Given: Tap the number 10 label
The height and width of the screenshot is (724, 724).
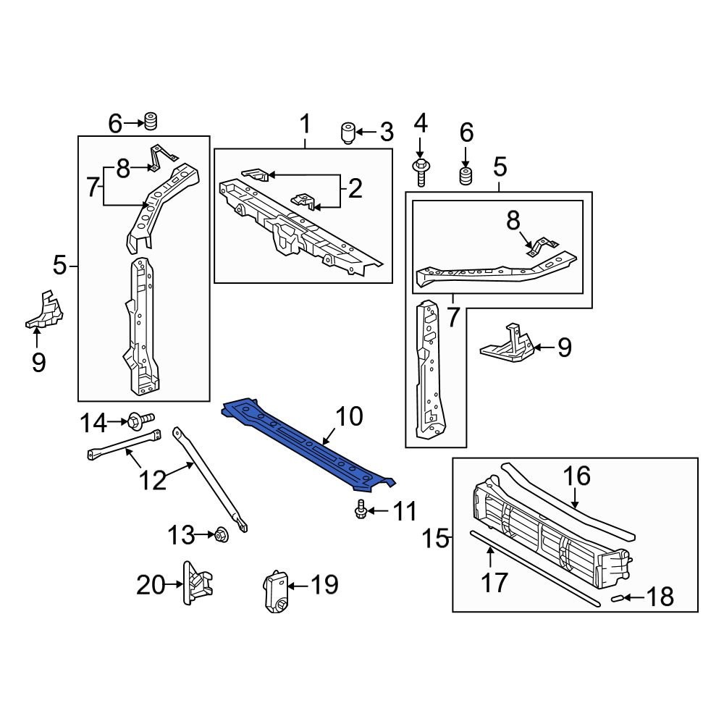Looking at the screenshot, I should click(x=348, y=416).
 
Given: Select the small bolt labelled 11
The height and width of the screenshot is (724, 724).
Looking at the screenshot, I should click(x=361, y=512).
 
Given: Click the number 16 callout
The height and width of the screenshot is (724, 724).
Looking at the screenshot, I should click(x=576, y=476).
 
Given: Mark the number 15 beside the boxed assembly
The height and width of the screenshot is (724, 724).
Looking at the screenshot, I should click(x=437, y=539).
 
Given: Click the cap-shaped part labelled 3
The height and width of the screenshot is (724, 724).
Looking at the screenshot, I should click(x=349, y=133).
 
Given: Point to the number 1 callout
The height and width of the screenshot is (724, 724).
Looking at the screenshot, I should click(x=305, y=124).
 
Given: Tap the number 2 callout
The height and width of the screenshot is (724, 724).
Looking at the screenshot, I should click(x=355, y=189).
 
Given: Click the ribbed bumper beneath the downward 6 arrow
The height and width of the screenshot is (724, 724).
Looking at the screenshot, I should click(x=466, y=176).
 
